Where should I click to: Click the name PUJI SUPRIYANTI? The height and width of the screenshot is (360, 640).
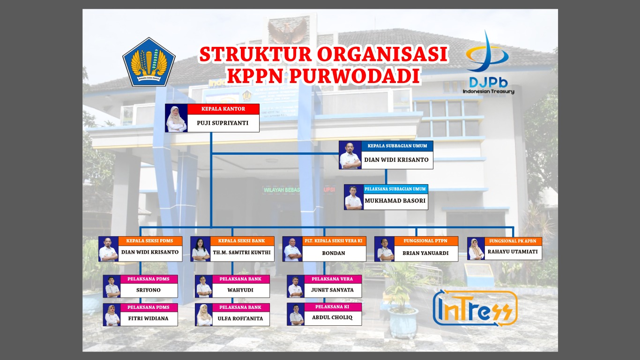(x=223, y=123)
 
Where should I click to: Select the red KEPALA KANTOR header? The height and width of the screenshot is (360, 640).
(x=223, y=109)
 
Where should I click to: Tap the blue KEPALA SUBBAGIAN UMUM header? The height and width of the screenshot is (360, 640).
(x=397, y=146)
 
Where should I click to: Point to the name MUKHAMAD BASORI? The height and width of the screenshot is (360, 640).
(x=395, y=201)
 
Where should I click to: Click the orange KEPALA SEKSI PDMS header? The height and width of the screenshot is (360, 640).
(x=150, y=241)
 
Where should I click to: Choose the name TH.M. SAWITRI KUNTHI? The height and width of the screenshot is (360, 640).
(x=242, y=253)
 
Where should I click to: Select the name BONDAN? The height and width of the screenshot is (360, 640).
(x=334, y=253)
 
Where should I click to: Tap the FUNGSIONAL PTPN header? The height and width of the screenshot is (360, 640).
(x=425, y=241)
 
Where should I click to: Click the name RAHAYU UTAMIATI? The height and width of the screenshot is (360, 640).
(x=513, y=252)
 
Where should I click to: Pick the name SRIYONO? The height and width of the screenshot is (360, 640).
(x=148, y=290)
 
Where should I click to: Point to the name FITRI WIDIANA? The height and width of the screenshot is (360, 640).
(x=148, y=318)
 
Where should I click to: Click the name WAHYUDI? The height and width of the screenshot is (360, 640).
(x=240, y=290)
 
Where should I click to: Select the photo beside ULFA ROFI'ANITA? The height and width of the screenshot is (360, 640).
(x=204, y=315)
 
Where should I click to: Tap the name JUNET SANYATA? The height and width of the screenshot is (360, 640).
(x=332, y=290)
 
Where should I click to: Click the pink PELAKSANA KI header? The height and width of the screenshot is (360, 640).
(x=332, y=307)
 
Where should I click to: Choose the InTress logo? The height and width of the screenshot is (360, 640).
(x=475, y=308)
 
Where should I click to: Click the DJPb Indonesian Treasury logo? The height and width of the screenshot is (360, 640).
(x=488, y=62)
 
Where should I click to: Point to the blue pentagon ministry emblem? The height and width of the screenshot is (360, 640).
(x=149, y=62)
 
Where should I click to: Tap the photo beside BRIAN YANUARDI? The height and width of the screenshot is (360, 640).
(x=385, y=249)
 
